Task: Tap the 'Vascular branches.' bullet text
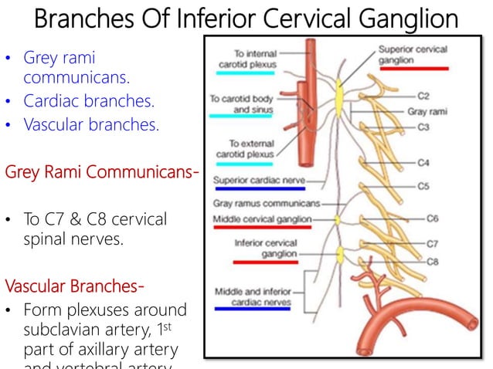[x=91, y=125]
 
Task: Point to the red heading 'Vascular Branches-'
[x=74, y=286]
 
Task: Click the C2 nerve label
[x=423, y=96]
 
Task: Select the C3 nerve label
[x=423, y=127]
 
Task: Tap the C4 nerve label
[x=423, y=163]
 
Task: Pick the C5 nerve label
[x=423, y=186]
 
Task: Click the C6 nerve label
[x=433, y=218]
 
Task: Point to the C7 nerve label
[x=433, y=244]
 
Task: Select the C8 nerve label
[x=433, y=262]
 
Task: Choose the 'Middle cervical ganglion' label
[x=262, y=219]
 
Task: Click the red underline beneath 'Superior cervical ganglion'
[x=413, y=69]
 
